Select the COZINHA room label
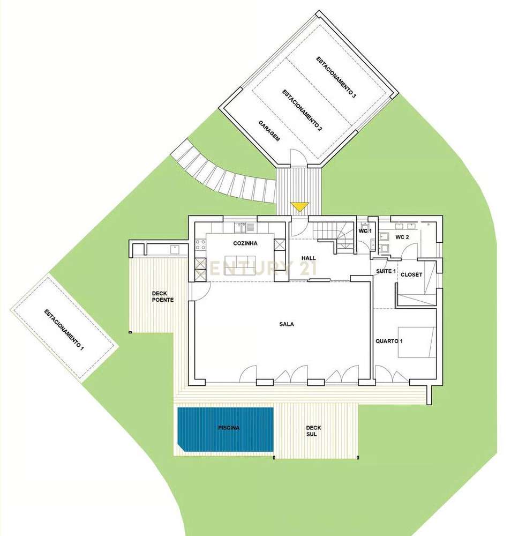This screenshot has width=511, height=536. pos(245,243)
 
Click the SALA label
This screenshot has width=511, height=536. pos(287,324)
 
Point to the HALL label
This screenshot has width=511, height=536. pos(309,258)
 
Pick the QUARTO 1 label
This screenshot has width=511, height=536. pos(386,340)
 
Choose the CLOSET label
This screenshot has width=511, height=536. pos(411,274)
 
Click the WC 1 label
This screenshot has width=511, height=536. pos(365,230)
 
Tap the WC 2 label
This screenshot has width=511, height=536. pos(402,236)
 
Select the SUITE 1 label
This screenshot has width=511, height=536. pos(386,271)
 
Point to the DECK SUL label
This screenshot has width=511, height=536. pos(313,431)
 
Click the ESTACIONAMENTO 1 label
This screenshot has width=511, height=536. pos(64,330)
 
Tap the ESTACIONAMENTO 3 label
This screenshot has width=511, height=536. pos(335,78)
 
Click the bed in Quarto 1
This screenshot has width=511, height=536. pos(417,341)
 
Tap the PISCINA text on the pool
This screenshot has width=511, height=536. pos(229,428)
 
